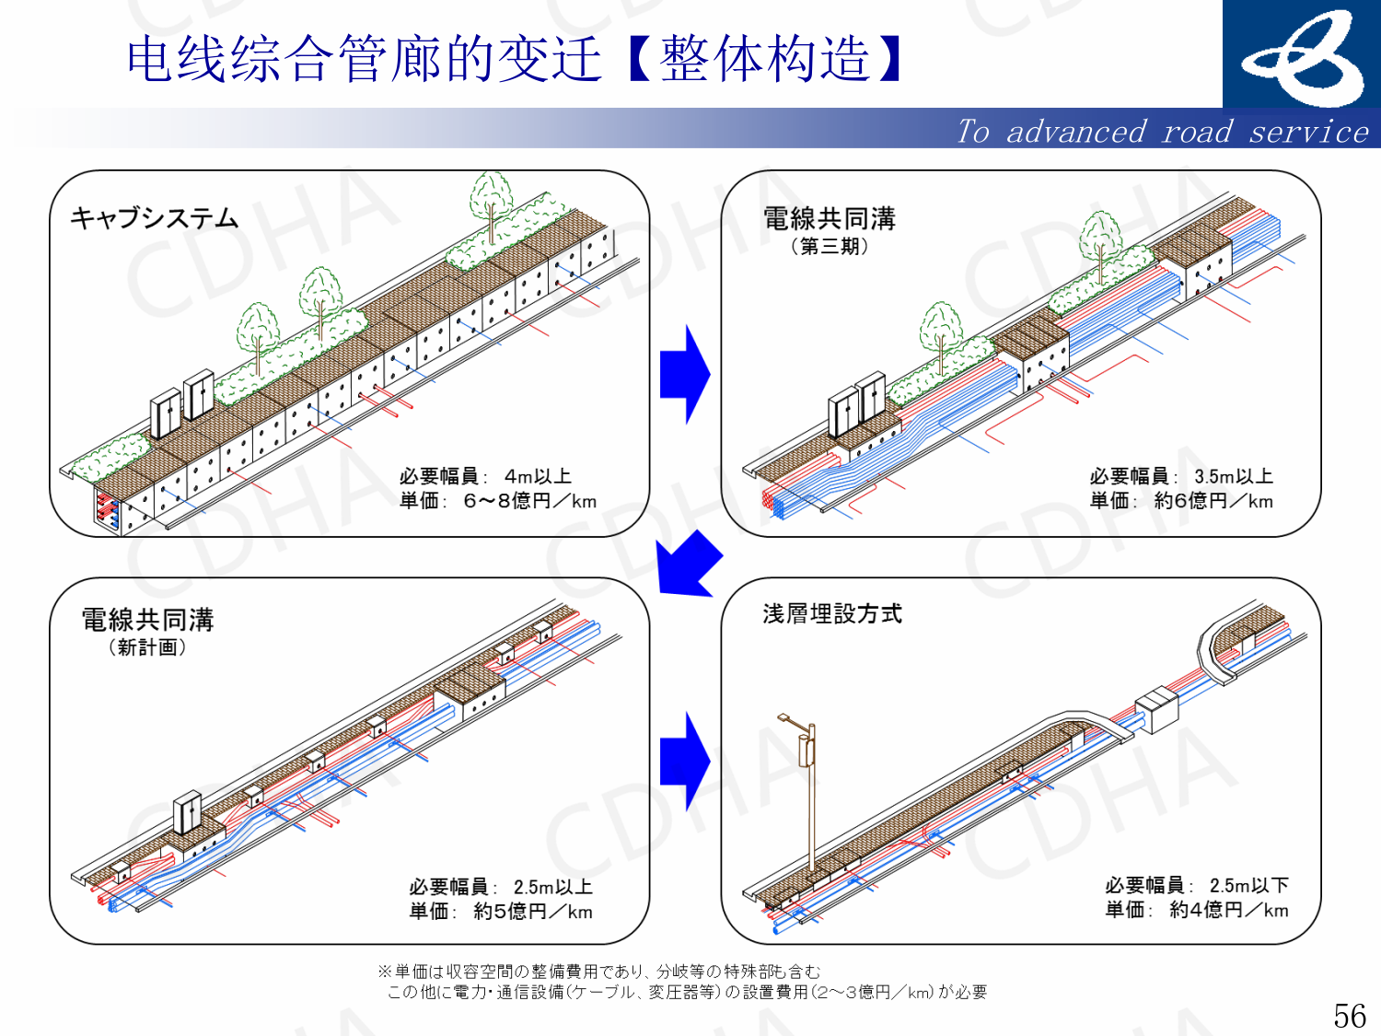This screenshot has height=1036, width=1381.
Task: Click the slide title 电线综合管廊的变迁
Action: coord(364,59)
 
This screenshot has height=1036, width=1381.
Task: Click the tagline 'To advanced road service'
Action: coord(1162,132)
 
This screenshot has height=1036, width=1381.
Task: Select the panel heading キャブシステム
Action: coord(155,218)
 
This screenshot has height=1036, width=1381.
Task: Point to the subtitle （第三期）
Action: coord(829,246)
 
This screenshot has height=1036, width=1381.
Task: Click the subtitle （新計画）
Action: coord(147,647)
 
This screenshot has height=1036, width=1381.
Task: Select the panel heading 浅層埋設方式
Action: coord(832,614)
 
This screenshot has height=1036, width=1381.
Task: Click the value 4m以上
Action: coord(538,476)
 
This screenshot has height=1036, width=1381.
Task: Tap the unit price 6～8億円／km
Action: coord(529,501)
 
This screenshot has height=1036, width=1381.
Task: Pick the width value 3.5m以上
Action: coord(1234,476)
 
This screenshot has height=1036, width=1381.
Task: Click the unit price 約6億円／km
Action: coord(1213,501)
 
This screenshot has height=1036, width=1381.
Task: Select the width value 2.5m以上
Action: coord(552,887)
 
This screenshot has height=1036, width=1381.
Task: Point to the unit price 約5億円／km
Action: coord(533,912)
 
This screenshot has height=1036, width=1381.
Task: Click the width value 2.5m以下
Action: coord(1248,885)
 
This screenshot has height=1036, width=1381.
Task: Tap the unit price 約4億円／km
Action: coord(1229,910)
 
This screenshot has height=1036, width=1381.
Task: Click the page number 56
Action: coord(1350,1016)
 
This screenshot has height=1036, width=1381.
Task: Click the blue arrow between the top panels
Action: coord(684,374)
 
